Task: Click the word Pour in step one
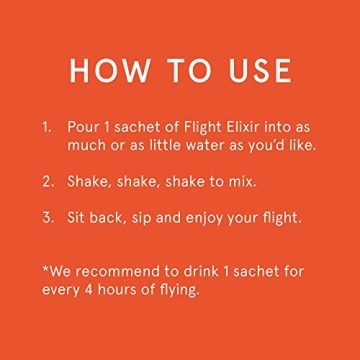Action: coord(83,128)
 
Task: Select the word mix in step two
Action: coord(240,182)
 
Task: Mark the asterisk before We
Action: coord(45,270)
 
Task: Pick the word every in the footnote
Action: coord(61,291)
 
